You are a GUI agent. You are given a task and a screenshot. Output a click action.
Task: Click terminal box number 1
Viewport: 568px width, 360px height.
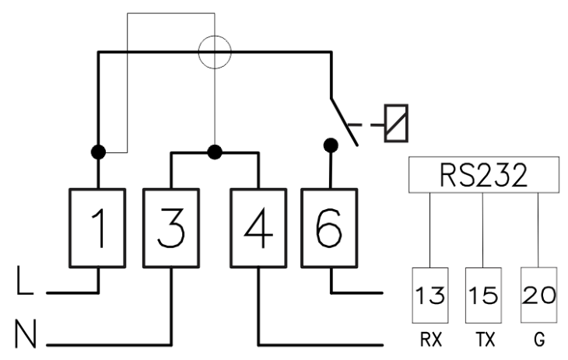click(x=97, y=228)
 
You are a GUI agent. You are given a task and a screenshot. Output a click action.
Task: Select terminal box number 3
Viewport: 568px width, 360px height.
click(x=171, y=228)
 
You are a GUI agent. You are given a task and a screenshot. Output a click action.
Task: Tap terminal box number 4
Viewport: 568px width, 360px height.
click(x=258, y=228)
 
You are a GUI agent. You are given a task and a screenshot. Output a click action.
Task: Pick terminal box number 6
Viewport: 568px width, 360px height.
click(x=330, y=228)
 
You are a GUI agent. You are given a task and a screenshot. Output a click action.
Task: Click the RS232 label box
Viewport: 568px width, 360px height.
click(x=484, y=175)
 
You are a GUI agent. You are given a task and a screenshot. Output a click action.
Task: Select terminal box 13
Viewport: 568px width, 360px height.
click(x=430, y=295)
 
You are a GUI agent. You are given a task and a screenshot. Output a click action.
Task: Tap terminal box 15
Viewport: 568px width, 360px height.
click(x=483, y=295)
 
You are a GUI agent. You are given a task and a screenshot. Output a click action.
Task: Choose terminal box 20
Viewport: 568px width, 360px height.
click(x=538, y=295)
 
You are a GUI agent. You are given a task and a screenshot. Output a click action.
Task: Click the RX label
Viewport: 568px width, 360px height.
click(x=431, y=340)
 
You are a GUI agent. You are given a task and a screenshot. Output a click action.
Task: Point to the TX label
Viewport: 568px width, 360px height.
click(x=485, y=340)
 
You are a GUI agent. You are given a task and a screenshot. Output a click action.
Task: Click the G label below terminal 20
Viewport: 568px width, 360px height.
click(x=539, y=340)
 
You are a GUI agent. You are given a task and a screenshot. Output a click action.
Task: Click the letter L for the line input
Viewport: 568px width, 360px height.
click(x=25, y=281)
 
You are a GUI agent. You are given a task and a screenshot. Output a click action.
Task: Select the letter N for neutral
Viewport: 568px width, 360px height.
click(x=26, y=334)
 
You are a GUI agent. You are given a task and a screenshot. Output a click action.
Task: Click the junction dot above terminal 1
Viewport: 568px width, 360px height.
click(x=98, y=152)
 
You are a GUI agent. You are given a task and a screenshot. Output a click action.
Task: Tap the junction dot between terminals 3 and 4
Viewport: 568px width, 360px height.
click(x=215, y=152)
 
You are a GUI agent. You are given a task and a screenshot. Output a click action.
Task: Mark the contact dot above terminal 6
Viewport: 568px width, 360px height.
click(x=331, y=145)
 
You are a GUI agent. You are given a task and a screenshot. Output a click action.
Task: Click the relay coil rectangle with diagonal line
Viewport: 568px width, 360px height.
click(x=396, y=123)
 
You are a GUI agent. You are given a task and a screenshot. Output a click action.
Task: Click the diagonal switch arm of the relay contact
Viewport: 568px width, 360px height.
click(x=344, y=122)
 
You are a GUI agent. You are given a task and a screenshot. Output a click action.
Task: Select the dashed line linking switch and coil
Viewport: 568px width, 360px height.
click(x=366, y=125)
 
